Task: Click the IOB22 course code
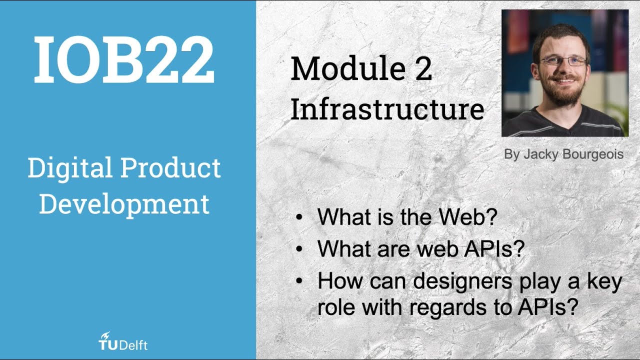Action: click(124, 59)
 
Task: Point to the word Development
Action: click(124, 204)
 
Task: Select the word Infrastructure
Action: click(387, 109)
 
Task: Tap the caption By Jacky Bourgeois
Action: click(563, 154)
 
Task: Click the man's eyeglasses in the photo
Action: click(564, 60)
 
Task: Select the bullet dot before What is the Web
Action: click(299, 218)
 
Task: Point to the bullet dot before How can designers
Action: click(299, 282)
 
